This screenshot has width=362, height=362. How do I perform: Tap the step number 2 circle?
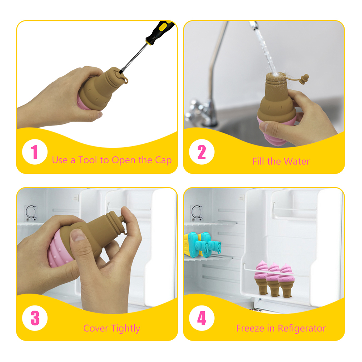click(x=202, y=152)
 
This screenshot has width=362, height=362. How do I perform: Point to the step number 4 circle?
click(x=202, y=319)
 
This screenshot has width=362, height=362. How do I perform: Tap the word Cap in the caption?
click(x=163, y=160)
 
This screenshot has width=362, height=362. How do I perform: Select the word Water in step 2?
click(x=297, y=161)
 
